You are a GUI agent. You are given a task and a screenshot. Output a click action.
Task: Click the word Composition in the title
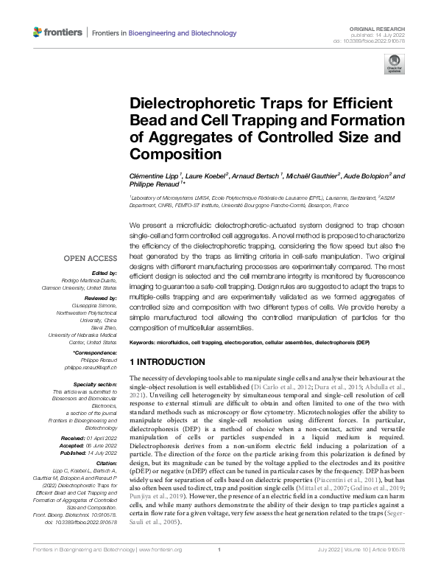174,154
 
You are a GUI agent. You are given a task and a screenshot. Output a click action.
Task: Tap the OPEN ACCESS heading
90,258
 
